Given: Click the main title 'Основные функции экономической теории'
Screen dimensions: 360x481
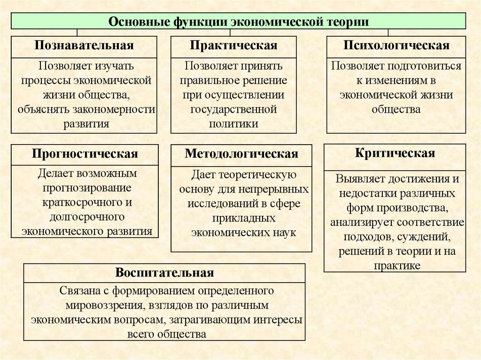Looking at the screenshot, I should (239, 22).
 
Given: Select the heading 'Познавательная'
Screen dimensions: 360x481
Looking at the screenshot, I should (84, 46).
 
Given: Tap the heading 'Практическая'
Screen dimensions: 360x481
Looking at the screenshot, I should (233, 46).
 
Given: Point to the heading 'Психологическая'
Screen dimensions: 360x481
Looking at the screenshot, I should (396, 46).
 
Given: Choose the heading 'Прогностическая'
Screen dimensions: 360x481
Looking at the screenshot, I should (85, 154).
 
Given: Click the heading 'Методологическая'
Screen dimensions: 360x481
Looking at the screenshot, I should (241, 154).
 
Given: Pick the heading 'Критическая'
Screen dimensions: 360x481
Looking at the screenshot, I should (395, 153).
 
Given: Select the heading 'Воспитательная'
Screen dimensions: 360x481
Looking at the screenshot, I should (164, 273).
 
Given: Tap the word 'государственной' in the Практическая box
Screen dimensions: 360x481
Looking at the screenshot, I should (233, 109).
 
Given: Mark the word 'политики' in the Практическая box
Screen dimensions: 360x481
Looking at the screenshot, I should (233, 124).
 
